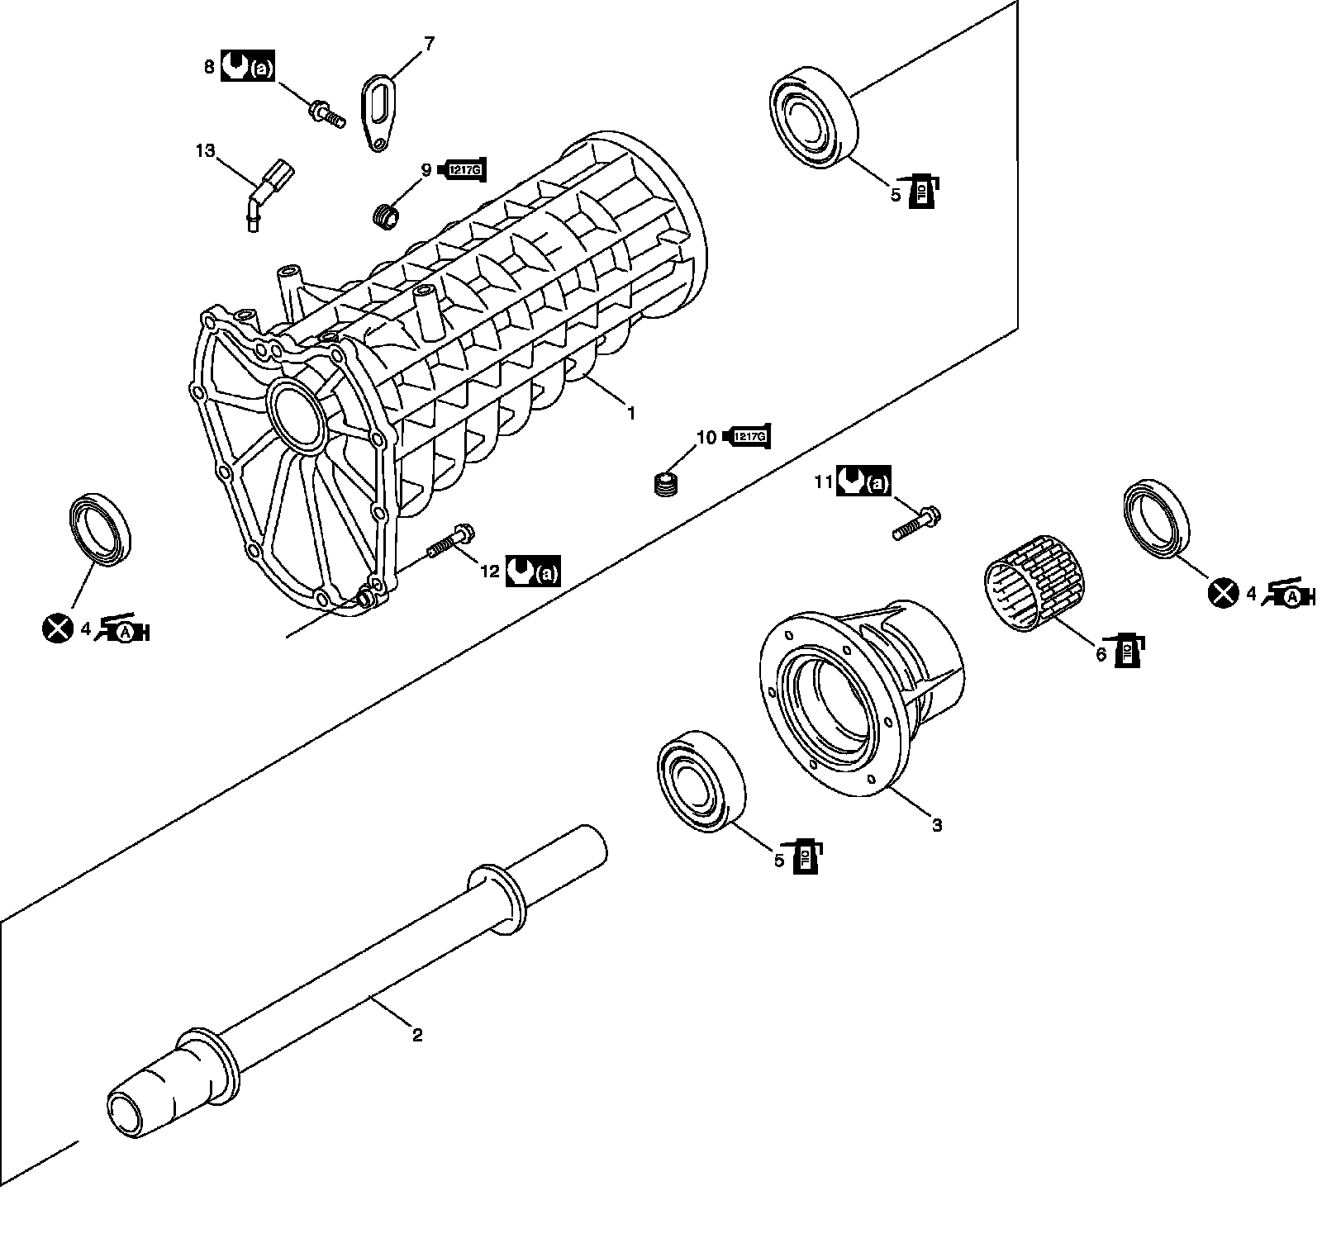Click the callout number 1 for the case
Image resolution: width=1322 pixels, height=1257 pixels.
630,412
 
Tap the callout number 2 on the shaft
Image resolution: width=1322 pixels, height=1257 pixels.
417,1034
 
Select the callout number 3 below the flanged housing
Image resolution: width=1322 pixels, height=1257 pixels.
936,824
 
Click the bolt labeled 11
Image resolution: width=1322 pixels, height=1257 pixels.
917,524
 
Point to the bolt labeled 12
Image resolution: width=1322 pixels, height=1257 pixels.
449,542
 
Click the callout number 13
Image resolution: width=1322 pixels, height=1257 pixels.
204,150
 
